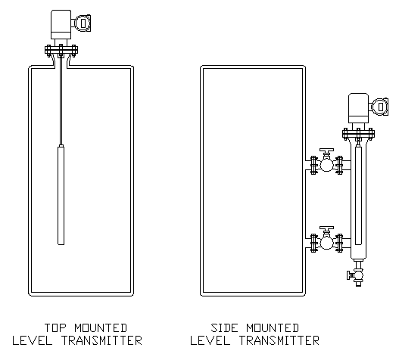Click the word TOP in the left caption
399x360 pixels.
(x=55, y=327)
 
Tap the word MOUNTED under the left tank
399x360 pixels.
(x=101, y=327)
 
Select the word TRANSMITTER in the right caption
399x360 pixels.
(x=279, y=340)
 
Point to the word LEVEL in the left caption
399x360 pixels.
(x=32, y=340)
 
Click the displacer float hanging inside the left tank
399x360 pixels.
(x=61, y=194)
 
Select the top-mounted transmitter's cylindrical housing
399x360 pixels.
(x=61, y=24)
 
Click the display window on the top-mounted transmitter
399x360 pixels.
(x=83, y=23)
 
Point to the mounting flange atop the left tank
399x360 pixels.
(x=61, y=50)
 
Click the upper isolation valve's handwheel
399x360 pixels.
(x=327, y=151)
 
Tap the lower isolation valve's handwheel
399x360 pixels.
(x=327, y=228)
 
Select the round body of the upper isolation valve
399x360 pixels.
(x=326, y=165)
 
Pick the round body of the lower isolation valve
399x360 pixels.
(x=326, y=243)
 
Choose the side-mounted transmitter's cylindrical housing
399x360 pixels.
(x=358, y=108)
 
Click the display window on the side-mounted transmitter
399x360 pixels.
(x=381, y=107)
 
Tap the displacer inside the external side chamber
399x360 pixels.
(x=358, y=195)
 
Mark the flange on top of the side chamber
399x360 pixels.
(x=358, y=134)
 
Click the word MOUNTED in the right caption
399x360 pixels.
(x=273, y=327)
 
